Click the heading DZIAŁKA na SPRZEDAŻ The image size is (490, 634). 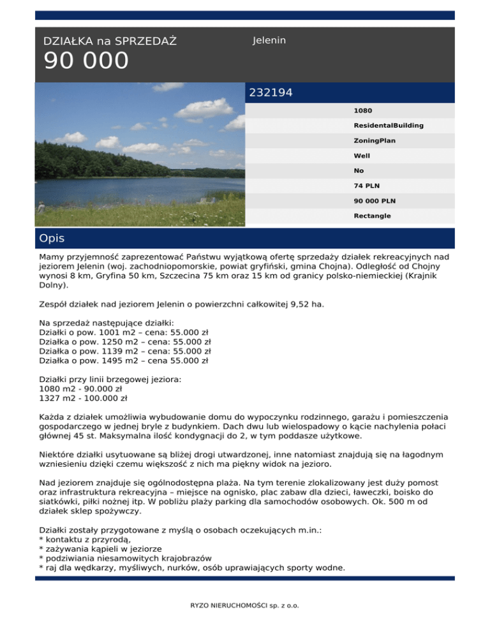click(x=110, y=42)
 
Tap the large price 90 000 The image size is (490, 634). click(x=86, y=62)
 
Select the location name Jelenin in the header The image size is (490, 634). click(x=269, y=41)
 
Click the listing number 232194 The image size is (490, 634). click(x=271, y=93)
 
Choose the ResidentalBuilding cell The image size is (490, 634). click(x=389, y=126)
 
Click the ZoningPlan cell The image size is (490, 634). click(x=375, y=140)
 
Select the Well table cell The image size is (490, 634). click(x=362, y=156)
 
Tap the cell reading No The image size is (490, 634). click(x=359, y=171)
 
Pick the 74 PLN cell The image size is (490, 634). click(x=367, y=186)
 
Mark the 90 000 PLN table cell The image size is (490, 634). click(x=375, y=201)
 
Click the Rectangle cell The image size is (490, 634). click(x=373, y=216)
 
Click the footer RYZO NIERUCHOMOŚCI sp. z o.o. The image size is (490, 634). click(x=245, y=605)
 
